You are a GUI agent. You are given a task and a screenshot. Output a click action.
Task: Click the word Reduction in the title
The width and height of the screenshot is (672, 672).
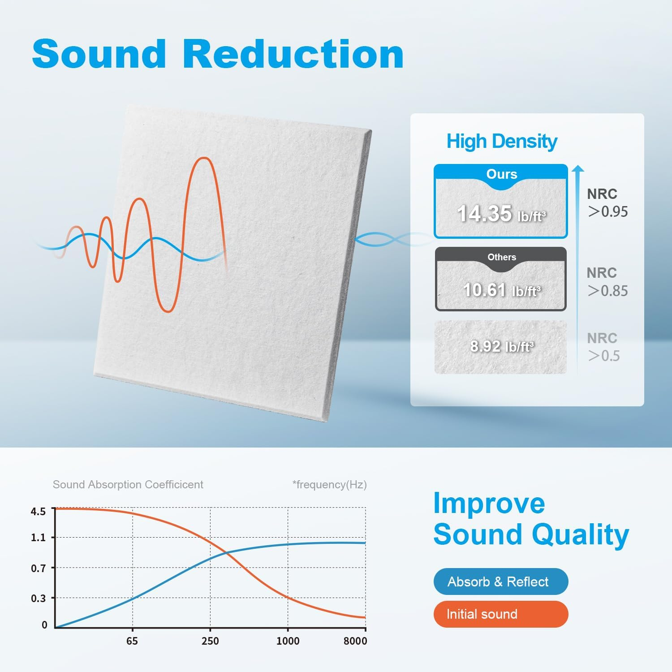click(x=293, y=54)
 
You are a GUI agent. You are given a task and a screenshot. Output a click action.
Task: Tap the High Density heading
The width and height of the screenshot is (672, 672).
click(x=502, y=142)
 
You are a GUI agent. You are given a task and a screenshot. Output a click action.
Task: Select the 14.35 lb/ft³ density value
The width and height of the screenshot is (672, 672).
click(x=501, y=214)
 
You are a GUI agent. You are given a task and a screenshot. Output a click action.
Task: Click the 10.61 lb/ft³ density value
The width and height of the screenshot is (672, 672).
click(x=501, y=290)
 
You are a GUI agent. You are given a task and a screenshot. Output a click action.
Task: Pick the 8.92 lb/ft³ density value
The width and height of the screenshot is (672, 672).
click(x=501, y=346)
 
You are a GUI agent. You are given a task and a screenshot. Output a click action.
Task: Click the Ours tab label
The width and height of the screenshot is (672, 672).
click(x=501, y=174)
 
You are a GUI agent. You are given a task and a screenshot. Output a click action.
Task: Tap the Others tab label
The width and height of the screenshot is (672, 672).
click(x=501, y=257)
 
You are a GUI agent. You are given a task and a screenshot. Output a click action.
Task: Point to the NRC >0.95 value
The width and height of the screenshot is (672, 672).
click(x=607, y=211)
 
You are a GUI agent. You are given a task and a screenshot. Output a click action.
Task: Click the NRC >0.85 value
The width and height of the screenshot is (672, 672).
click(x=607, y=291)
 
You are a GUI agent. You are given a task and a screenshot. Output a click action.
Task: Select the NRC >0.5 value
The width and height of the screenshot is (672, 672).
click(x=604, y=356)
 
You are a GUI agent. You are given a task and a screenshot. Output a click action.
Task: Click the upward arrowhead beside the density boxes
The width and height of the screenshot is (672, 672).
click(x=578, y=168)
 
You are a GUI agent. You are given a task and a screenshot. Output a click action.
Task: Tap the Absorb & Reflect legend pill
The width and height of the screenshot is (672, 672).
click(x=500, y=582)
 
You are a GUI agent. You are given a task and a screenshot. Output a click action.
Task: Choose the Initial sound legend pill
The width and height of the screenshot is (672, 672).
click(x=500, y=614)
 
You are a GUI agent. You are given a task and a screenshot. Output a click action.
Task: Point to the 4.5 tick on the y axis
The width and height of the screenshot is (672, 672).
click(x=39, y=511)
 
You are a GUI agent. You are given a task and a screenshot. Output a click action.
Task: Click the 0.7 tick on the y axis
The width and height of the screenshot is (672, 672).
click(x=39, y=568)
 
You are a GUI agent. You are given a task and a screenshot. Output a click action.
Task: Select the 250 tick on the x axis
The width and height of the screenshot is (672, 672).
click(x=210, y=641)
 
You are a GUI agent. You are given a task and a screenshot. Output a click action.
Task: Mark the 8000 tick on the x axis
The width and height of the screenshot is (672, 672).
click(x=355, y=641)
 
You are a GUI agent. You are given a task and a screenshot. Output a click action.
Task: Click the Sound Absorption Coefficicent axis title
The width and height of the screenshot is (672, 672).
click(x=128, y=484)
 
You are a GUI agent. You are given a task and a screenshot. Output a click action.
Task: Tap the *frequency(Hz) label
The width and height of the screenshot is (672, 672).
click(x=329, y=484)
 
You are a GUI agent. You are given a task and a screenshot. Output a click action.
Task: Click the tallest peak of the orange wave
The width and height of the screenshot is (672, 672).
click(x=204, y=158)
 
